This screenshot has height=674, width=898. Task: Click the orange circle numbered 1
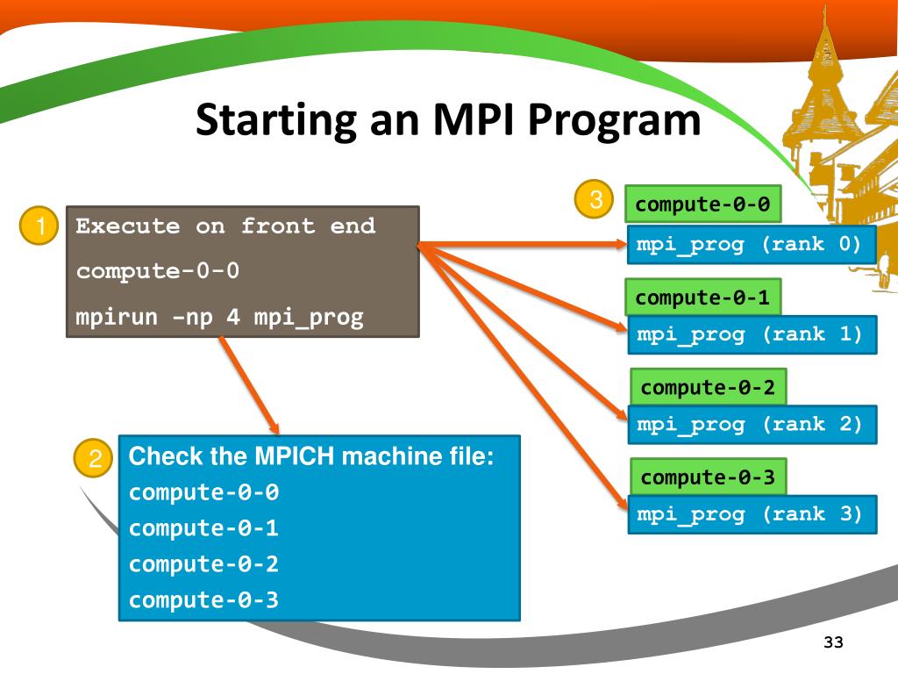tap(39, 228)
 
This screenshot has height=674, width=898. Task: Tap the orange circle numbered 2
tap(93, 459)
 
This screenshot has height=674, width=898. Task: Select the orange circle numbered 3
tap(595, 201)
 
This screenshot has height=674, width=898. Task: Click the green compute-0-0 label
tap(702, 205)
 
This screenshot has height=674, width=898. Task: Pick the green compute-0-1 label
tap(702, 298)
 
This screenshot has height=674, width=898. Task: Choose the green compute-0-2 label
tap(708, 388)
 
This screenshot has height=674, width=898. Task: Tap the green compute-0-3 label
tap(708, 477)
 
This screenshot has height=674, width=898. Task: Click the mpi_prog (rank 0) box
tap(750, 245)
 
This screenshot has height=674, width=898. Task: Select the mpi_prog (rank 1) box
tap(750, 334)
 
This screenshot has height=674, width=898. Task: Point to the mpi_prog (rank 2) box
tap(750, 425)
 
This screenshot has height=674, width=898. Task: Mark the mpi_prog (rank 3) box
tap(750, 514)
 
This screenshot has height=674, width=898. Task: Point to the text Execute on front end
tap(225, 226)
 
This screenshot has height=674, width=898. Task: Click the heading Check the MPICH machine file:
tap(312, 457)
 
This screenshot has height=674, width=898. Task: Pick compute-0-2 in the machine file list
tap(203, 564)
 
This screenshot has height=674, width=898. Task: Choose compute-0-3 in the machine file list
tap(203, 600)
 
